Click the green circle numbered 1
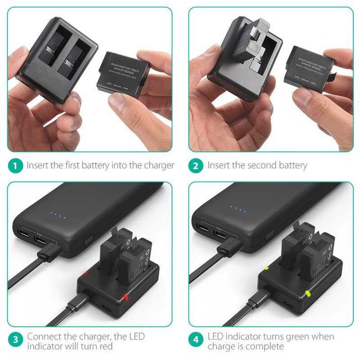tap(15, 166)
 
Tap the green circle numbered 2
tap(196, 166)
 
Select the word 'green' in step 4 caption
tap(295, 336)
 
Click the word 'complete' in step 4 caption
tap(268, 346)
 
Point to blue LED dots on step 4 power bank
tap(238, 209)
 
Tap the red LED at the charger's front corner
tap(126, 297)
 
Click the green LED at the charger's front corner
tap(307, 293)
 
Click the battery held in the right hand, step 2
tap(309, 70)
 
